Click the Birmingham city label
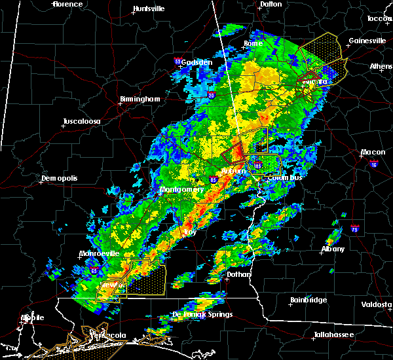140,99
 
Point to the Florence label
68,5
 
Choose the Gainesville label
367,41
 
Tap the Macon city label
372,153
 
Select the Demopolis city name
60,179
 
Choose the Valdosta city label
377,305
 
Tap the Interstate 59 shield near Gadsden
178,62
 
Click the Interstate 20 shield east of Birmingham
212,95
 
